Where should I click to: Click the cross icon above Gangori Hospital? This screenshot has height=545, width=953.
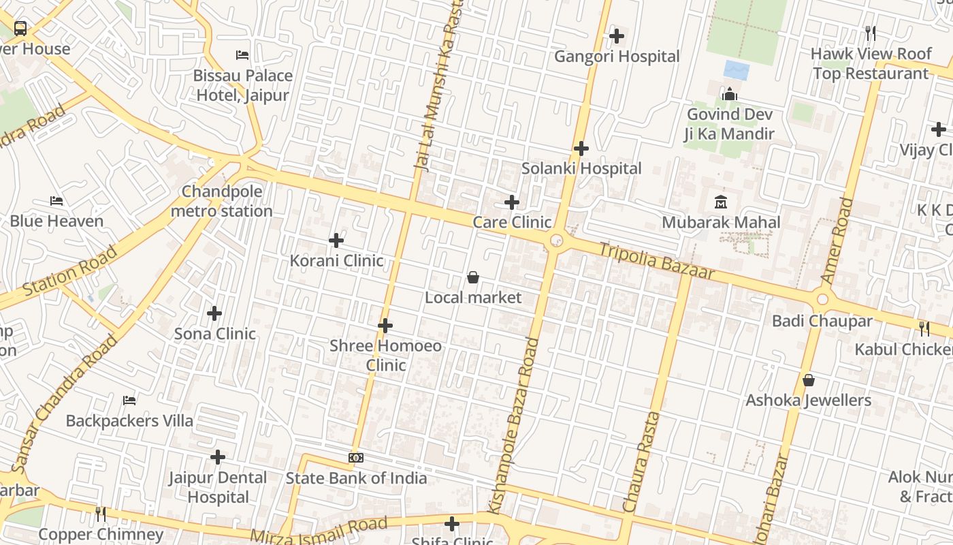tap(617, 35)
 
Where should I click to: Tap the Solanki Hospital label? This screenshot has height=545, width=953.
tap(581, 168)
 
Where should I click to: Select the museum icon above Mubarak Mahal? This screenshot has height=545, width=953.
tap(721, 202)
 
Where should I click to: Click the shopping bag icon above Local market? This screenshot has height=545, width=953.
tap(472, 277)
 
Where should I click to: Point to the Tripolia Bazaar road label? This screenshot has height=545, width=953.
tap(656, 260)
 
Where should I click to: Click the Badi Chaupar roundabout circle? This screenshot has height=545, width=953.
tap(822, 299)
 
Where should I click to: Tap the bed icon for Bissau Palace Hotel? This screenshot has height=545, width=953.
tap(242, 54)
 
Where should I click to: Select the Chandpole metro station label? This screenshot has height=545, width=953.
tap(222, 202)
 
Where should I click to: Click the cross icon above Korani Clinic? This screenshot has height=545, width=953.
tap(336, 240)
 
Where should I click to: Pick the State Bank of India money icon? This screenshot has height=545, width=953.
tap(356, 458)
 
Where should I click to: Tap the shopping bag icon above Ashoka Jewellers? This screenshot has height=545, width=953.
tap(809, 380)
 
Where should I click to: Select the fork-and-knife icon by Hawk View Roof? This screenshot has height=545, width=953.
tap(870, 33)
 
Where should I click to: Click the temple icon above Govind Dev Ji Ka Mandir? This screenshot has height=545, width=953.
tap(730, 94)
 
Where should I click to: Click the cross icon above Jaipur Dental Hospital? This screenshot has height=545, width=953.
tap(218, 457)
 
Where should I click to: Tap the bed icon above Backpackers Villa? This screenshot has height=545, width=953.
tap(129, 401)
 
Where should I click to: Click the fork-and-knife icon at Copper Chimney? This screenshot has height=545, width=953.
tap(101, 514)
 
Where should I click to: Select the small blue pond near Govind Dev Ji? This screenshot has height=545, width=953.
tap(737, 70)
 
